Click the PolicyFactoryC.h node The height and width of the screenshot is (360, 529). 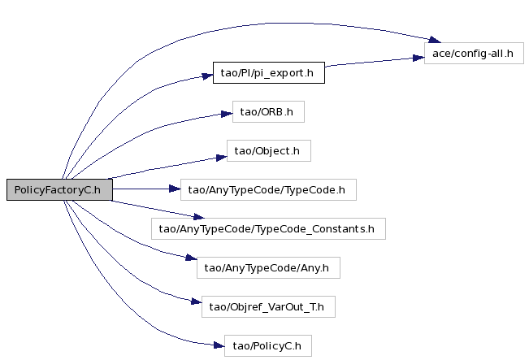click(59, 189)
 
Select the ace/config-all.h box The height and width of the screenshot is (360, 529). click(474, 54)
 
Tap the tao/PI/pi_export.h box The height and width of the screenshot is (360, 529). click(269, 72)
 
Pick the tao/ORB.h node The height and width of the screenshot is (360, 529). click(268, 111)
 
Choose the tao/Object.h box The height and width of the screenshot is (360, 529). click(268, 151)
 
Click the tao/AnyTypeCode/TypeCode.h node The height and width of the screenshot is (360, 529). click(268, 189)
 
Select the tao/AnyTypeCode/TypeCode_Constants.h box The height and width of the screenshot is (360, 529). click(268, 228)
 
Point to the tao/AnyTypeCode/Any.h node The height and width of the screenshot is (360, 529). click(268, 268)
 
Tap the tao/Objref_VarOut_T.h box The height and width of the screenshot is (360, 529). click(268, 306)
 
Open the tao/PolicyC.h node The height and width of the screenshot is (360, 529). click(268, 346)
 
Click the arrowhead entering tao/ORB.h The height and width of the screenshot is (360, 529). click(227, 114)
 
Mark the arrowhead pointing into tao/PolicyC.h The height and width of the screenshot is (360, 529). click(219, 345)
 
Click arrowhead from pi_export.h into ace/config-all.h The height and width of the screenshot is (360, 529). click(418, 58)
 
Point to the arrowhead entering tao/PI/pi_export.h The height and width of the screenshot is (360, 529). click(207, 76)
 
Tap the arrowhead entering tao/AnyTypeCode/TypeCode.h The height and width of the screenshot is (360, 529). click(175, 189)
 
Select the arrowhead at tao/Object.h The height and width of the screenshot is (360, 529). click(221, 157)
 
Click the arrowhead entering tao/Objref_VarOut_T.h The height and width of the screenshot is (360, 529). click(197, 301)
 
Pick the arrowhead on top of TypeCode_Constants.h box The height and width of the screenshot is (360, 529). click(199, 216)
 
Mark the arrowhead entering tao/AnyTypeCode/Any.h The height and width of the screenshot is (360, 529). click(191, 258)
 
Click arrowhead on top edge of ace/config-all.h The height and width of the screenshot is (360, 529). click(435, 40)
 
